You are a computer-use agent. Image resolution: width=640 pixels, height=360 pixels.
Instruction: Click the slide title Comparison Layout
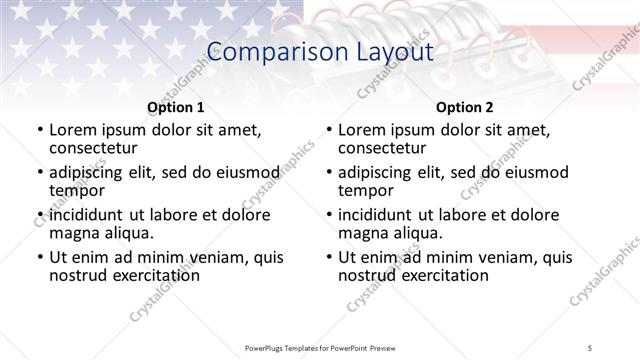319,52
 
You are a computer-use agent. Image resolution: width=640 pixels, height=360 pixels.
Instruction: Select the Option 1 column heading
175,106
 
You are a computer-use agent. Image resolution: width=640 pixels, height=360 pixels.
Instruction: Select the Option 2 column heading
464,106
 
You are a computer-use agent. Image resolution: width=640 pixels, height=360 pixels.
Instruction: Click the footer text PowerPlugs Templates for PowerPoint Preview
319,347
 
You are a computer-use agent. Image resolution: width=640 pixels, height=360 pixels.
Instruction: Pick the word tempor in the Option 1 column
77,190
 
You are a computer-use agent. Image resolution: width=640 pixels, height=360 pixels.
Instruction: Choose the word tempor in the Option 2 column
366,190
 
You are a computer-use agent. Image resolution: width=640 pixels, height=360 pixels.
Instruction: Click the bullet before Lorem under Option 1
39,130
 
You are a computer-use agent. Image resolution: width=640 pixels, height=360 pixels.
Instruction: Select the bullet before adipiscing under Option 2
328,173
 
